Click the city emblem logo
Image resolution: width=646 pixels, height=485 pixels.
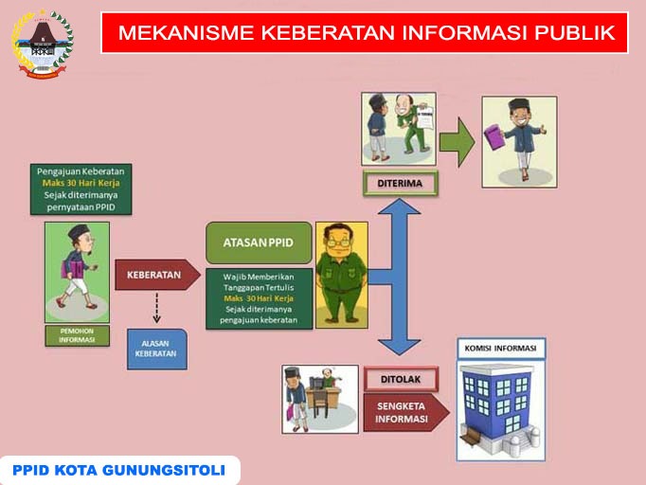[42, 45]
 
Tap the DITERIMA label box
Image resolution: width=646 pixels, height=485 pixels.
[400, 184]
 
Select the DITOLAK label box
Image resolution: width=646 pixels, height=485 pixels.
[401, 379]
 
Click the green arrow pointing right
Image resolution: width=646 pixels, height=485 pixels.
[458, 143]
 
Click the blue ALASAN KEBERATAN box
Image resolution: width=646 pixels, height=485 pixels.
[157, 349]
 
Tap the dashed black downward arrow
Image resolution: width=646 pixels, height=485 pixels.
[156, 308]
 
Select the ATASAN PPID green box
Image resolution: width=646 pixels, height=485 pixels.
[259, 242]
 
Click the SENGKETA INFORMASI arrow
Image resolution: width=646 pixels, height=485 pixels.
[406, 412]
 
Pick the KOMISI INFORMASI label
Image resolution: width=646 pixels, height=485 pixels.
[500, 349]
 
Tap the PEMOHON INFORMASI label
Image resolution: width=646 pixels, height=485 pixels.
[77, 335]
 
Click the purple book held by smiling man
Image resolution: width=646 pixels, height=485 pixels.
[493, 136]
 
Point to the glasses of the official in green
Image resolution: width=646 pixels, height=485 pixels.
[339, 242]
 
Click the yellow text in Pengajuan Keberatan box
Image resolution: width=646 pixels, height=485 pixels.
[81, 183]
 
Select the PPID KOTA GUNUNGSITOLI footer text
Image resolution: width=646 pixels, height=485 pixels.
[118, 470]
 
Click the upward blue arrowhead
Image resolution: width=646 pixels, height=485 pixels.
[399, 207]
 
